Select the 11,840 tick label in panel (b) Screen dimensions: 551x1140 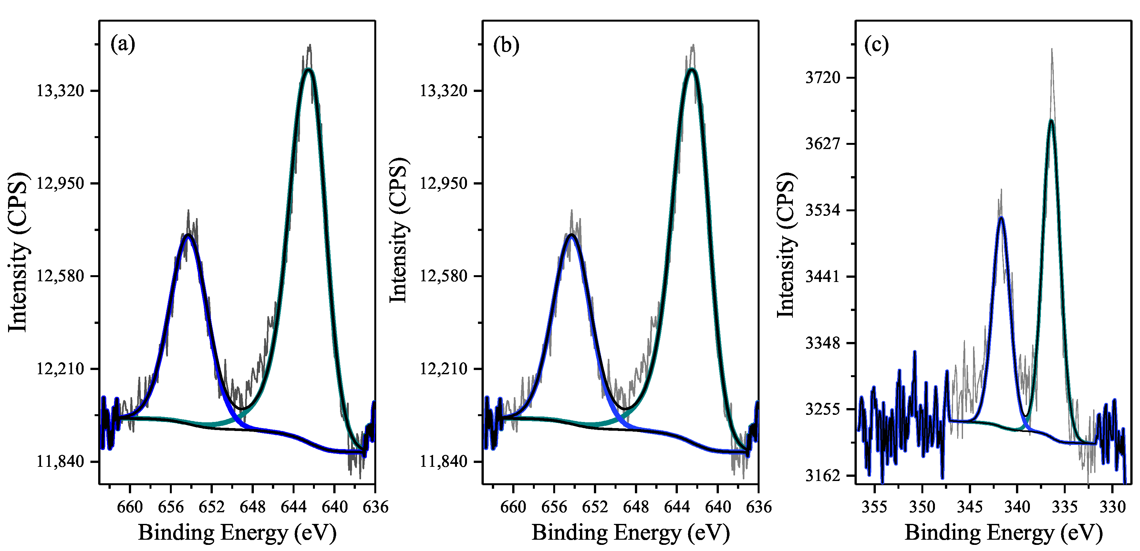tap(444, 462)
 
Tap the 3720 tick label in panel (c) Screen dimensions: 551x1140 tap(823, 78)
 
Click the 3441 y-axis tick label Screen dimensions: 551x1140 tap(823, 277)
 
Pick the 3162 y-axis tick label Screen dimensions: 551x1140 tap(823, 476)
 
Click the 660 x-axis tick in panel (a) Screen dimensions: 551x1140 tap(130, 507)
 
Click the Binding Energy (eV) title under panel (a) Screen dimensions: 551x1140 tap(237, 532)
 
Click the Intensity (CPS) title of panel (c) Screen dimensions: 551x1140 tap(787, 245)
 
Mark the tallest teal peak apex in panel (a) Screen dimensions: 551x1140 tap(308, 69)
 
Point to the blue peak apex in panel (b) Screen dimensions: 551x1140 tap(572, 235)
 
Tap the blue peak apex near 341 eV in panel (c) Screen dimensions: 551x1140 tap(1001, 217)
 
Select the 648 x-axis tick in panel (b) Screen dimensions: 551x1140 tap(636, 507)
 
